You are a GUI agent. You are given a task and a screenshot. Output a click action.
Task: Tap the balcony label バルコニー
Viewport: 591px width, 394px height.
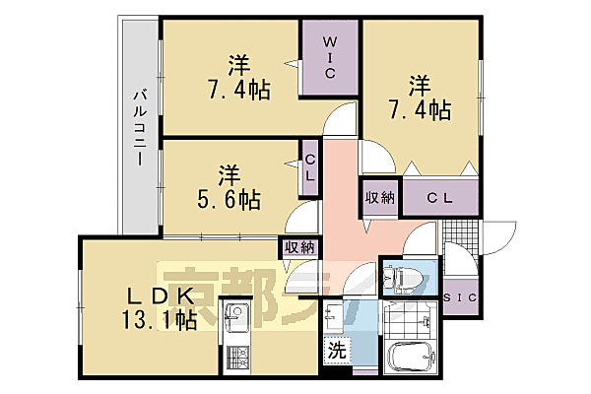140,128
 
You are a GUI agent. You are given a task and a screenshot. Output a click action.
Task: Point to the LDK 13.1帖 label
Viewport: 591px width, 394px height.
161,308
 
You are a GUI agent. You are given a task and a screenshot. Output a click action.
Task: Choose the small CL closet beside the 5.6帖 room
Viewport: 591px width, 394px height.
309,168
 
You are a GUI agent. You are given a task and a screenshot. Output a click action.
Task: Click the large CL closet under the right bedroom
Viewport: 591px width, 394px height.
439,197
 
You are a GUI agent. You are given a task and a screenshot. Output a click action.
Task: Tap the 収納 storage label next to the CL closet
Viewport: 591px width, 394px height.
380,197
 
